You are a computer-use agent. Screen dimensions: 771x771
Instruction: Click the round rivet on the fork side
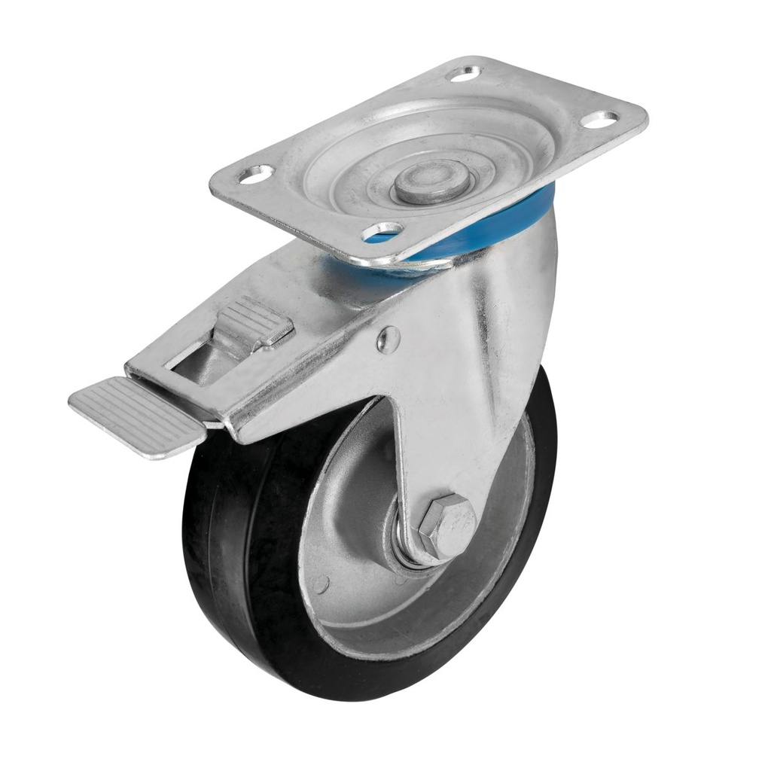[388, 339]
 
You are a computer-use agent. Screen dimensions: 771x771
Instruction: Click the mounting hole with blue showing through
[384, 231]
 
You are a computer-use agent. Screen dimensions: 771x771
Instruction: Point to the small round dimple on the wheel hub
[322, 582]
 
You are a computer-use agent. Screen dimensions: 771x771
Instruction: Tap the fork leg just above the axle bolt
[444, 459]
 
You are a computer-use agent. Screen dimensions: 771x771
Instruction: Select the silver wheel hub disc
[354, 527]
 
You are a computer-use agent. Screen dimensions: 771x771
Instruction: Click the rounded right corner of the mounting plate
[636, 120]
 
